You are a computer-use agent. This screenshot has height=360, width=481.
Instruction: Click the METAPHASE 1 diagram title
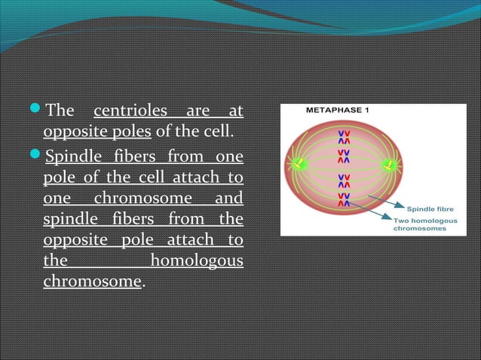pyautogui.click(x=337, y=110)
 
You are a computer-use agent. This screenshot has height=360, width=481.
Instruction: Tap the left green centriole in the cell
pyautogui.click(x=299, y=163)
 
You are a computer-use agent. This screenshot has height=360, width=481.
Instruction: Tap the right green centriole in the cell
pyautogui.click(x=390, y=163)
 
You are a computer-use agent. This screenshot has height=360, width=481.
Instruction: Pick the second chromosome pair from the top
pyautogui.click(x=344, y=156)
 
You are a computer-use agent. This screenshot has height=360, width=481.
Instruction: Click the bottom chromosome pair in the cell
pyautogui.click(x=344, y=198)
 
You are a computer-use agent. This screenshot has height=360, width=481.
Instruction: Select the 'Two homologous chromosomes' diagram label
pyautogui.click(x=425, y=223)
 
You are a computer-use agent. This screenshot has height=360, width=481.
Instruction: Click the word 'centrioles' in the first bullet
pyautogui.click(x=130, y=111)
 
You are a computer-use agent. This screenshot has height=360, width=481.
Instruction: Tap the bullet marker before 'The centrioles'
pyautogui.click(x=38, y=112)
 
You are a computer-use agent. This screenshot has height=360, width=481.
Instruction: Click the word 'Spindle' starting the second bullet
pyautogui.click(x=72, y=158)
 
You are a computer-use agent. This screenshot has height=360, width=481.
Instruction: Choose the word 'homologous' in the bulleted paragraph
pyautogui.click(x=197, y=261)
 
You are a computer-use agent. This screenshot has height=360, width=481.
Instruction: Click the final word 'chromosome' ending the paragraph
pyautogui.click(x=92, y=282)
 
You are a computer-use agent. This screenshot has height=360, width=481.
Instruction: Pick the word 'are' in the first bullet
pyautogui.click(x=197, y=111)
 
